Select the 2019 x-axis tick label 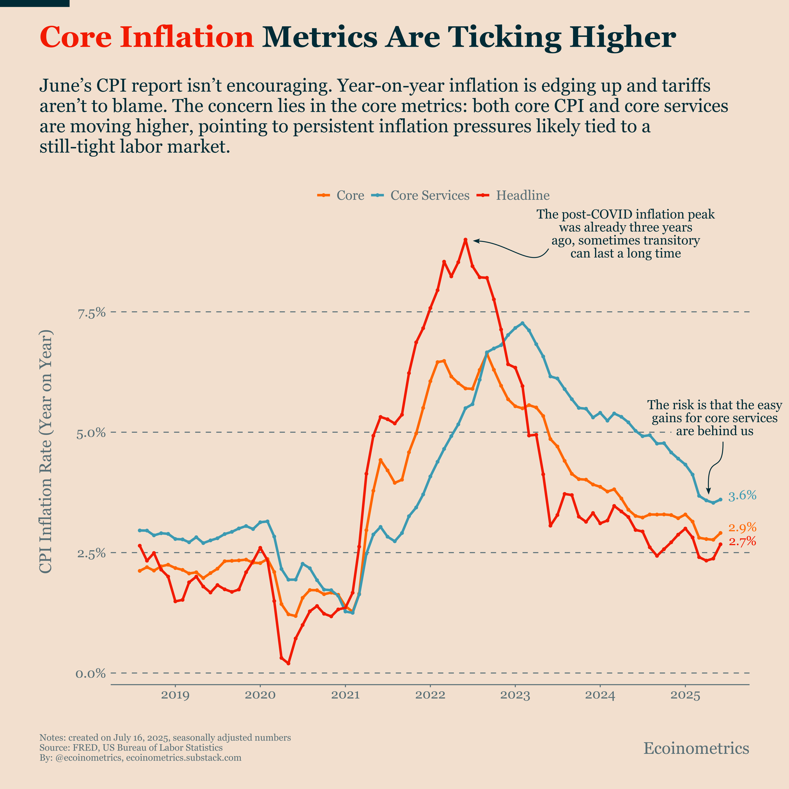pyautogui.click(x=175, y=695)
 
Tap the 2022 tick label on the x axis pyautogui.click(x=430, y=695)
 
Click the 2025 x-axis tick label pyautogui.click(x=685, y=695)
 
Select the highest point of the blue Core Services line pyautogui.click(x=522, y=323)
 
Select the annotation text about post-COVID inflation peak pyautogui.click(x=625, y=234)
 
